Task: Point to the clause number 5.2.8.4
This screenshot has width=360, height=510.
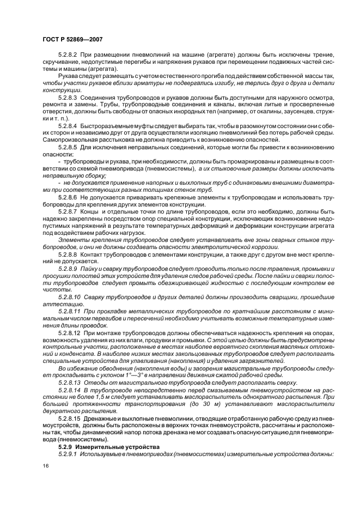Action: [69, 125]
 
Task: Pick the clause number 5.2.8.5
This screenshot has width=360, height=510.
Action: [69, 147]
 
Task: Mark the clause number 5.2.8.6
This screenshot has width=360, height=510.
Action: [69, 195]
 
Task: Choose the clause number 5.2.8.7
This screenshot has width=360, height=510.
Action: [69, 210]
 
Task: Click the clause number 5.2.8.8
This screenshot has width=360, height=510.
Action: [69, 254]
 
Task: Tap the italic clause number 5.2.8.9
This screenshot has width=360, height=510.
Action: [69, 269]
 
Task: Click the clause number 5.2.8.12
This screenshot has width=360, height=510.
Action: [69, 332]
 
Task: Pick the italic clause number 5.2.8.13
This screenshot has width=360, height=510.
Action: [69, 381]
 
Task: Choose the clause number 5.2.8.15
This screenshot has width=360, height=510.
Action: [70, 417]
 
